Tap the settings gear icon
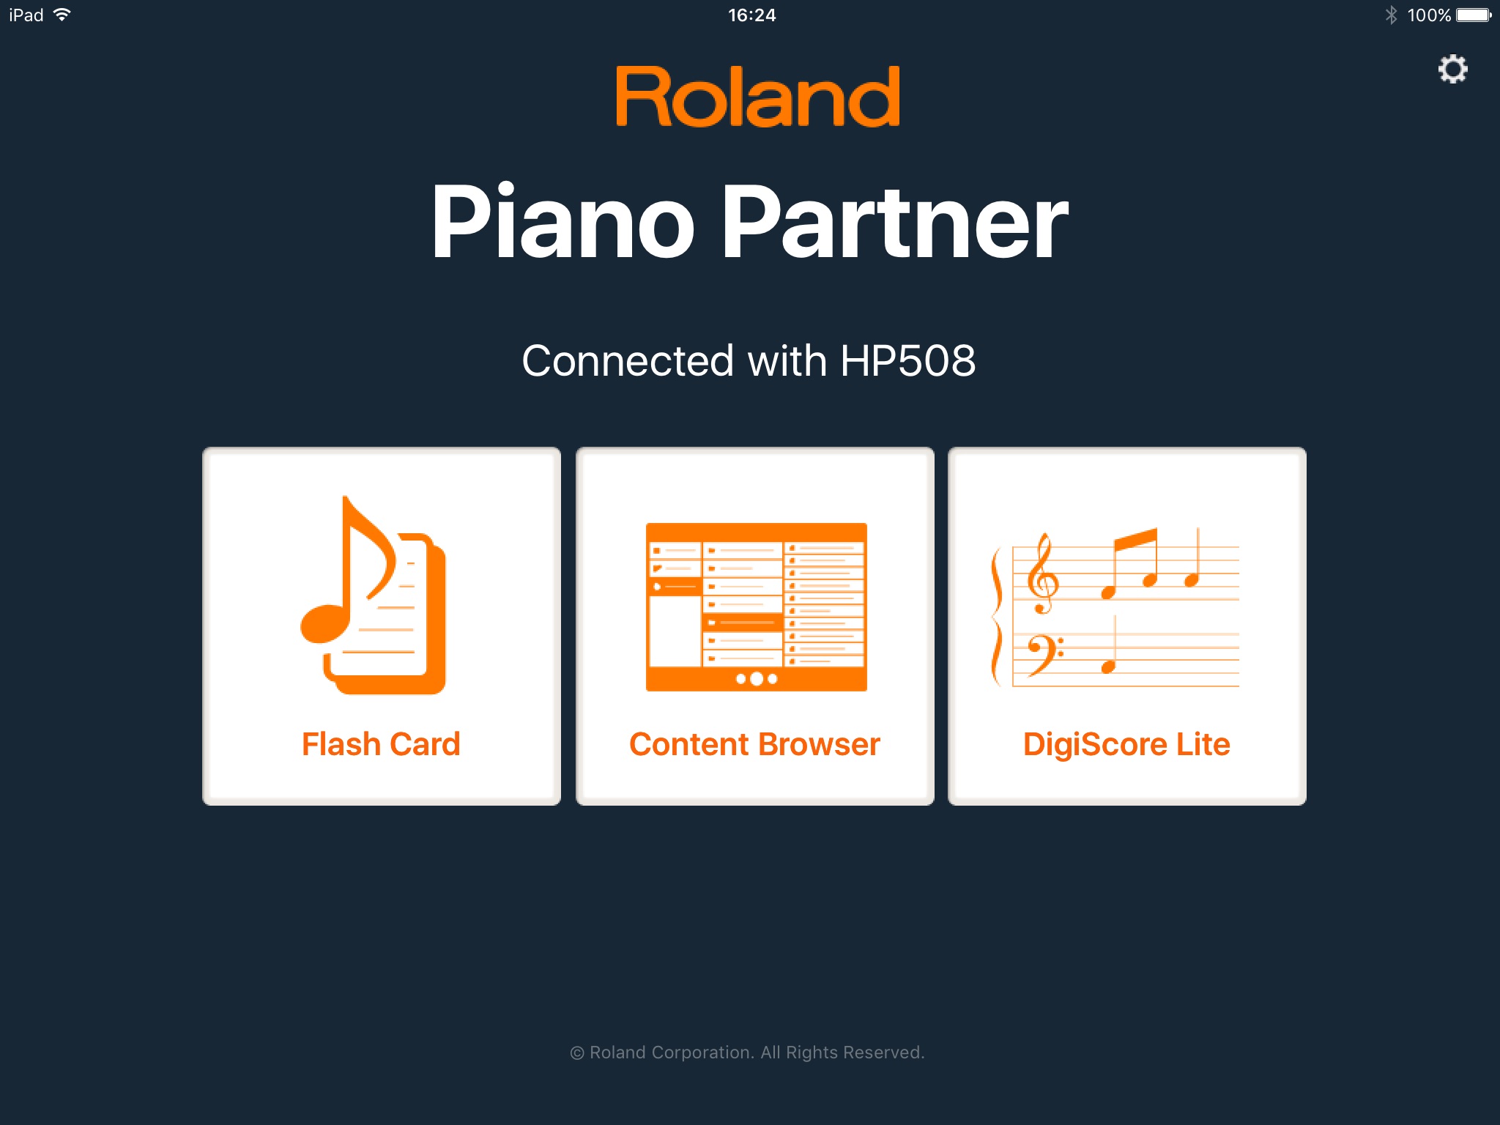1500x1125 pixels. click(x=1452, y=70)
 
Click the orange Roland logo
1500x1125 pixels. click(x=757, y=97)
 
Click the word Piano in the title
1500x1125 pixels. click(x=562, y=221)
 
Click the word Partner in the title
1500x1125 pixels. click(x=896, y=221)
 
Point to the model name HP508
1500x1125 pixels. click(x=908, y=360)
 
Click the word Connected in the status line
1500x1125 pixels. click(x=628, y=360)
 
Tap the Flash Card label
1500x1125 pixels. click(x=381, y=744)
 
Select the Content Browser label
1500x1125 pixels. click(x=754, y=744)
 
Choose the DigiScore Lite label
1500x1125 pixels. click(x=1126, y=745)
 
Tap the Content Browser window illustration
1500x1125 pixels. click(x=756, y=606)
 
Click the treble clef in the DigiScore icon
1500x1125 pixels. click(x=1042, y=573)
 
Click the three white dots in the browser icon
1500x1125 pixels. click(x=756, y=679)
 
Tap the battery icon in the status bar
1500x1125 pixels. click(x=1474, y=15)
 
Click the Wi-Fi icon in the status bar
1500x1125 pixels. click(x=63, y=15)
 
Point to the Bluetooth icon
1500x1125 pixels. click(x=1391, y=15)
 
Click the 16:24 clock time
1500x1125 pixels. click(x=751, y=15)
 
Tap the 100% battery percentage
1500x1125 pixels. click(x=1429, y=15)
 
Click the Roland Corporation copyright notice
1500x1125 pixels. click(x=747, y=1052)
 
